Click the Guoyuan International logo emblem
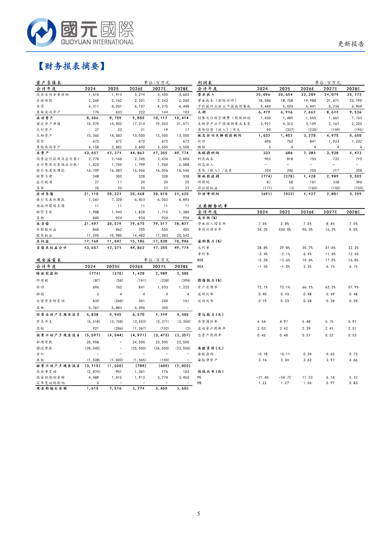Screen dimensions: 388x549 click(x=42, y=32)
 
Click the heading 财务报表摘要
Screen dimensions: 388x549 click(x=72, y=66)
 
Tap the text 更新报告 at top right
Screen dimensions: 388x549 click(x=351, y=44)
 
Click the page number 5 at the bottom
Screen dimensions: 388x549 click(x=198, y=514)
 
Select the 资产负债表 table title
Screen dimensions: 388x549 click(x=49, y=83)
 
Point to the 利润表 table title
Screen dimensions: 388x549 click(x=205, y=83)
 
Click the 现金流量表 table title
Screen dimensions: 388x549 click(x=49, y=260)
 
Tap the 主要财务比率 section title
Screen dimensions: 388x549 click(x=212, y=206)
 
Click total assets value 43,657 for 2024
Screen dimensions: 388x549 click(x=91, y=153)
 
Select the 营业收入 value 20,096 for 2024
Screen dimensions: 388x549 click(x=263, y=95)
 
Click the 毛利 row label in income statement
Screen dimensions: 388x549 click(x=202, y=112)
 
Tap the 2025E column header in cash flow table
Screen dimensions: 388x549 click(x=113, y=267)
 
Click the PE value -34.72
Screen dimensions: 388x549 click(x=285, y=377)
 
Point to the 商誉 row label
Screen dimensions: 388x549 click(x=40, y=141)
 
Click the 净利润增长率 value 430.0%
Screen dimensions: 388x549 click(x=285, y=229)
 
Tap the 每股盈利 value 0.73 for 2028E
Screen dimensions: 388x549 click(x=353, y=354)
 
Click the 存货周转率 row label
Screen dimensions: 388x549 click(x=208, y=322)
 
